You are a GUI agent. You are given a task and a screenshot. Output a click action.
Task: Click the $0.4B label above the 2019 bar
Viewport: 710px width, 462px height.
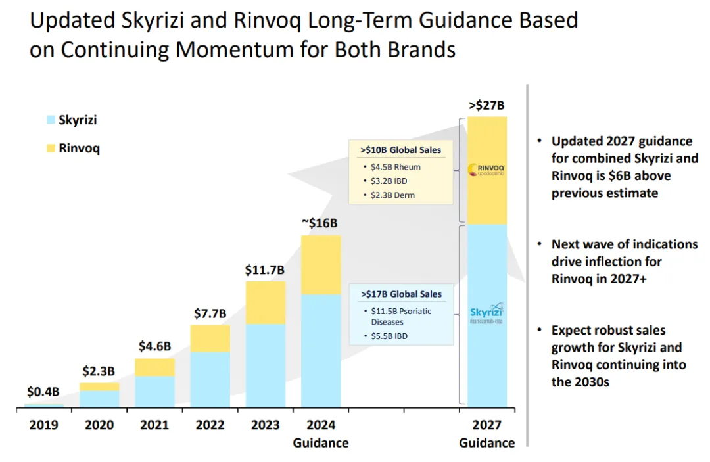click(x=43, y=392)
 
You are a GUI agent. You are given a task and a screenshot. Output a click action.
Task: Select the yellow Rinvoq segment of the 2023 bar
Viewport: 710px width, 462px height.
click(x=266, y=302)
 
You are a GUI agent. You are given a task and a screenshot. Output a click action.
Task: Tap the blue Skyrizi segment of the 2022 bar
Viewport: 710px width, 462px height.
click(x=210, y=380)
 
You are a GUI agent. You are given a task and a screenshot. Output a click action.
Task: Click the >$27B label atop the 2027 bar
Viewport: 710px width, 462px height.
click(x=487, y=104)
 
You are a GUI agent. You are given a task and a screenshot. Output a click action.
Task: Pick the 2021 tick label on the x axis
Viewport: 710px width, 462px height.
click(x=154, y=425)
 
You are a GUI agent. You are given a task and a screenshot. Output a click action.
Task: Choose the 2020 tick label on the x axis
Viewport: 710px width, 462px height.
click(x=99, y=425)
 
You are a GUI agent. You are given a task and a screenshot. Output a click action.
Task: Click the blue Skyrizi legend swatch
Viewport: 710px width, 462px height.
click(x=51, y=120)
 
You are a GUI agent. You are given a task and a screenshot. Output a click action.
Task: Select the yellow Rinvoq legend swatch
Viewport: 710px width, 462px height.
click(x=51, y=149)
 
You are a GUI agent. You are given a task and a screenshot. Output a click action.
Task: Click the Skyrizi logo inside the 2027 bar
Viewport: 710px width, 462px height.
click(x=487, y=313)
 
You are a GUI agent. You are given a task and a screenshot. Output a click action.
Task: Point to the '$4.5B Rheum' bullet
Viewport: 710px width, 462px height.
click(x=396, y=167)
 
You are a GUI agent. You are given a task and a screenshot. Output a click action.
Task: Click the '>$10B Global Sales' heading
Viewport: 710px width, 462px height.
click(x=400, y=150)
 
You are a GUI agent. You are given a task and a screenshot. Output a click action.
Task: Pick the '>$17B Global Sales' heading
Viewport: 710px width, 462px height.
click(x=401, y=294)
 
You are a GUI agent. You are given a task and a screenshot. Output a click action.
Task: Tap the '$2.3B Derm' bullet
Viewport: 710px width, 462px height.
click(x=395, y=195)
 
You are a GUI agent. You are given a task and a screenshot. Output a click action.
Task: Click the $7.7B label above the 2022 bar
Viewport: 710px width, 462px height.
click(x=210, y=313)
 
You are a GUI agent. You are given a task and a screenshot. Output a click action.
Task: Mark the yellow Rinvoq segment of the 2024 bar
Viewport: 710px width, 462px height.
click(x=321, y=264)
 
